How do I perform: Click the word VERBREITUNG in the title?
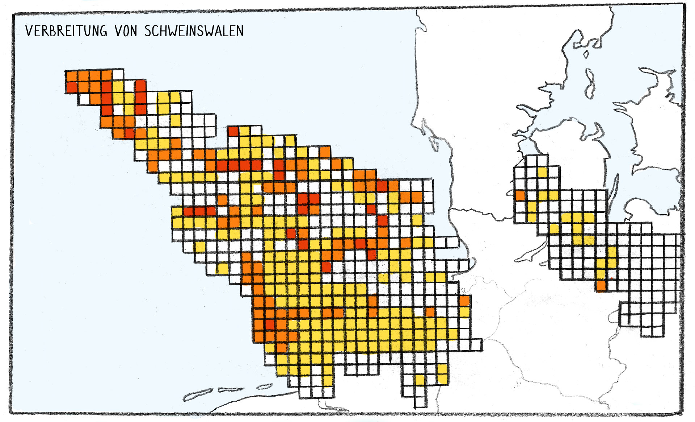pos(66,31)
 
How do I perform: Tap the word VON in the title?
pos(126,31)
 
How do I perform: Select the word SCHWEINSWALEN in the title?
pos(194,31)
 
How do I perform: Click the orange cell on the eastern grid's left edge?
pos(520,196)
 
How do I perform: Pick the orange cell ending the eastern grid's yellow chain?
pos(601,285)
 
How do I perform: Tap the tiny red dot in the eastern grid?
pos(611,278)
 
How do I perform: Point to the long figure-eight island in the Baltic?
pos(590,84)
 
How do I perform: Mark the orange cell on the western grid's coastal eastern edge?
pos(465,301)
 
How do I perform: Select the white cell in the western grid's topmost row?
pos(118,75)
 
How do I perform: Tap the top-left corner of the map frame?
pos(13,15)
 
